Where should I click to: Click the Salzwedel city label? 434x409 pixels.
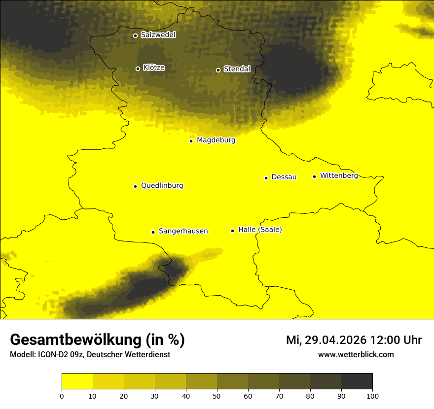[x=158, y=35]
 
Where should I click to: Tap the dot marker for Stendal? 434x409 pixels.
[x=218, y=70]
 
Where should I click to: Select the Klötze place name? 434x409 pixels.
[x=154, y=68]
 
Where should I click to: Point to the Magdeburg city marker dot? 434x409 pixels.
[x=191, y=141]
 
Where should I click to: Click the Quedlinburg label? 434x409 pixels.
[x=162, y=186]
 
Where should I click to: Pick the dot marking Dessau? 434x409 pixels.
[x=266, y=178]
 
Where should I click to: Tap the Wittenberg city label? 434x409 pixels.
[x=339, y=176]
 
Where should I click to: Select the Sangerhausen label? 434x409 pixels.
[x=183, y=231]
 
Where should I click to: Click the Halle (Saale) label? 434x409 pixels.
[x=260, y=230]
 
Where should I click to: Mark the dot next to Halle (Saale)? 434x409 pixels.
[x=232, y=231]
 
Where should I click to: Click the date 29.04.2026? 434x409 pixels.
[x=335, y=340]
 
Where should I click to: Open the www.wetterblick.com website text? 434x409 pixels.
[x=356, y=354]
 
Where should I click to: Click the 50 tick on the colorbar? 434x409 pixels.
[x=217, y=395]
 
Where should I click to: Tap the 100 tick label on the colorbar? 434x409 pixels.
[x=372, y=395]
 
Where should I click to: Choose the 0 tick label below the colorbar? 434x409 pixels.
[x=62, y=395]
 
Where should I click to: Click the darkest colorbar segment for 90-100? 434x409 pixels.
[x=357, y=381]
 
